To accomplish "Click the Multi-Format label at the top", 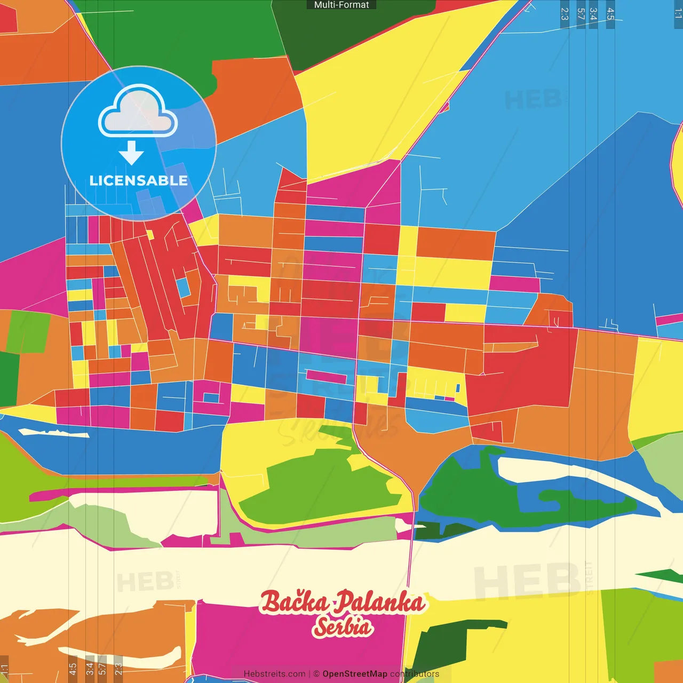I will (x=341, y=5).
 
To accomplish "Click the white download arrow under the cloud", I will (x=131, y=153).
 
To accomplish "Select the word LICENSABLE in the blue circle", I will (x=139, y=180).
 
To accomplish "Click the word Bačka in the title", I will (x=294, y=602).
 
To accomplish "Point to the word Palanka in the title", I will (x=380, y=602).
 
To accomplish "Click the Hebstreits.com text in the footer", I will (x=274, y=674).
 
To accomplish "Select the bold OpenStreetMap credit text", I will (x=355, y=674).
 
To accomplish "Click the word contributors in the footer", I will (x=415, y=674).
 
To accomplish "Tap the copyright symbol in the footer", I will (x=316, y=674).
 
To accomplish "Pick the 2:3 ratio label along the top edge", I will (x=565, y=14).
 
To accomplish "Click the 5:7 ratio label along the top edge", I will (x=581, y=14).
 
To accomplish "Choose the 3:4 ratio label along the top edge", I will (x=593, y=14).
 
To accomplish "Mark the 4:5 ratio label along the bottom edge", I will (x=73, y=669).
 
